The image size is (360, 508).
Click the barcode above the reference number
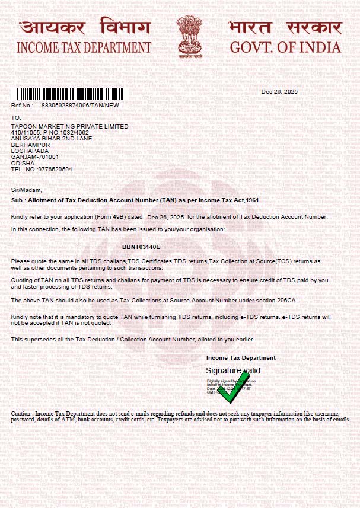[x=70, y=94]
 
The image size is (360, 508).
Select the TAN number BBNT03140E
[x=141, y=246]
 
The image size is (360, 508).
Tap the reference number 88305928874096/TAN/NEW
[x=80, y=105]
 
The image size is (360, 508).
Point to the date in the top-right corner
[x=279, y=92]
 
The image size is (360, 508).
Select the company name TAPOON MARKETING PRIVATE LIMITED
[x=69, y=127]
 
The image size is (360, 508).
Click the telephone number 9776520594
[x=55, y=169]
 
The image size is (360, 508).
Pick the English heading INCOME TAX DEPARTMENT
[x=84, y=48]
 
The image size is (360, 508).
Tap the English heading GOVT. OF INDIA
[x=285, y=48]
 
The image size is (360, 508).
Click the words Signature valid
[x=233, y=370]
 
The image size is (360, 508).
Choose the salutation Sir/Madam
[x=27, y=190]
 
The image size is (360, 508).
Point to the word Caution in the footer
[x=23, y=413]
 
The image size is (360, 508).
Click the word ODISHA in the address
[x=23, y=163]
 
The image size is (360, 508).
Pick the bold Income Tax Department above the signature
[x=241, y=358]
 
